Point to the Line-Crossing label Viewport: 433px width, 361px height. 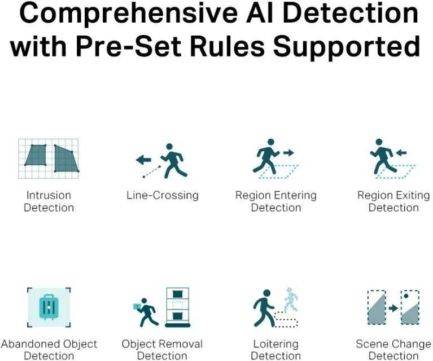[163, 195]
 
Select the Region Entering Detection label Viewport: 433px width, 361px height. [275, 201]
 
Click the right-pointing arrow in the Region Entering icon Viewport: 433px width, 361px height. [288, 152]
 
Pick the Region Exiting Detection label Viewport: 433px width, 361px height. [393, 201]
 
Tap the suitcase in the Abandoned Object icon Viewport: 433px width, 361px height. [49, 307]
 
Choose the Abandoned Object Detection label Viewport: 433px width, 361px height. [49, 350]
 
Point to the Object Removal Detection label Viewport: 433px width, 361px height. [162, 350]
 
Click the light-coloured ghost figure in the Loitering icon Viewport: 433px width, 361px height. [290, 299]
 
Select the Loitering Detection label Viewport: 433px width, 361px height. [275, 350]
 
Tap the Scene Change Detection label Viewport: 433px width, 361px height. [393, 350]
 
